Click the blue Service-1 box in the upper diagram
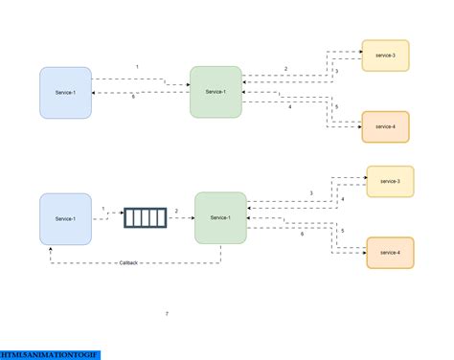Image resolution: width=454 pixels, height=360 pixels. point(65,92)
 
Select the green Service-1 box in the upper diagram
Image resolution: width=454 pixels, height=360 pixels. point(215,92)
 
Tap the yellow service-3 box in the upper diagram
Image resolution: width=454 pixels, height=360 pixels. point(385,56)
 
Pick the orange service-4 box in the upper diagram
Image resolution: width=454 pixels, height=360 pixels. point(385,126)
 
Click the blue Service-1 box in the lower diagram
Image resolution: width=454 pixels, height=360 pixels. point(65,218)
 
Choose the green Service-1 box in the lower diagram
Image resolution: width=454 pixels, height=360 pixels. point(220,218)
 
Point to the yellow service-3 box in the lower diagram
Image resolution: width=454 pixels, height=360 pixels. point(390,181)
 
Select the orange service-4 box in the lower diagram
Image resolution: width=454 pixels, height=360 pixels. point(390,252)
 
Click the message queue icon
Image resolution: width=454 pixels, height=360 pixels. point(145,218)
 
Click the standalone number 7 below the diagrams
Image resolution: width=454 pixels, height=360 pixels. point(167,313)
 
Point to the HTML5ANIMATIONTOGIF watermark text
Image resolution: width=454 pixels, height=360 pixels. point(50,355)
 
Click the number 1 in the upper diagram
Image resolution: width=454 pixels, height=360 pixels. point(137,67)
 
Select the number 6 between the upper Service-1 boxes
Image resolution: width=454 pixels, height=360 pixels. point(134,98)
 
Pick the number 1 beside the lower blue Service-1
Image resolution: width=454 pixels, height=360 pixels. point(102,209)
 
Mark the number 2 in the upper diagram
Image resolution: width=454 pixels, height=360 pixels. point(285,69)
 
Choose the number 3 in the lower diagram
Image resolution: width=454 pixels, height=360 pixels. point(310,194)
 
